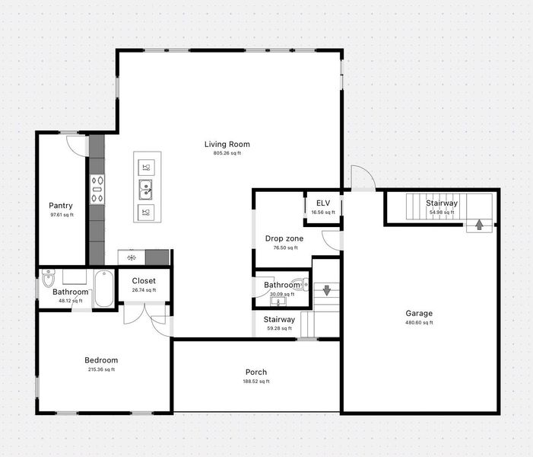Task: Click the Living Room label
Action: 227,144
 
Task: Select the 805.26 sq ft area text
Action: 227,153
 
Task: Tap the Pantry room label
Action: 61,206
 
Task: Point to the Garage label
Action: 418,313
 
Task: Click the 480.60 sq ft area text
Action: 418,322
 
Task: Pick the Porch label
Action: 256,372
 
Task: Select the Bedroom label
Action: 101,360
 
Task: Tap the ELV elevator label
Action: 322,203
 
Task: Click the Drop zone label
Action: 284,238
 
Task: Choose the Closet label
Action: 144,281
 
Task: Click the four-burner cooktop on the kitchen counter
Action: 97,190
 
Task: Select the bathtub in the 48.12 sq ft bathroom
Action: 103,289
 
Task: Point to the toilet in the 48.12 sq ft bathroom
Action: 49,275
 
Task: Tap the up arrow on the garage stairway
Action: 479,224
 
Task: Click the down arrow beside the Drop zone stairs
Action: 326,290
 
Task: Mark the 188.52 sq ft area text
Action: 256,382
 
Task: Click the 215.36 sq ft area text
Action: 101,369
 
